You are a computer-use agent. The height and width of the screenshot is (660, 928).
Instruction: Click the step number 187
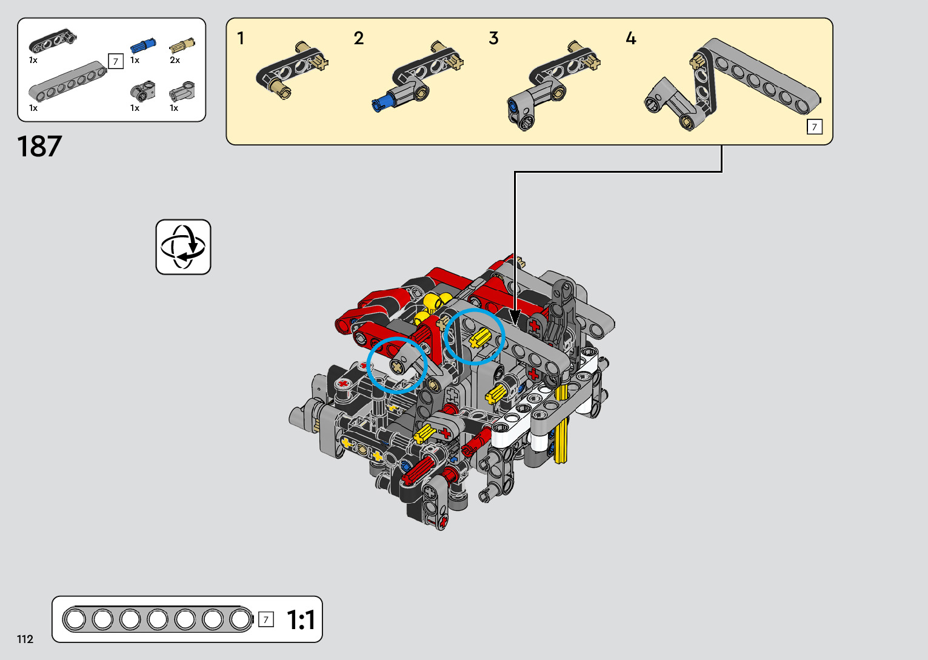(x=39, y=146)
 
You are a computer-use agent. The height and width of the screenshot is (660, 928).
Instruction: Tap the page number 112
(x=25, y=639)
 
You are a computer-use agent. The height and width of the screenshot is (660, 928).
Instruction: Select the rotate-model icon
(x=183, y=247)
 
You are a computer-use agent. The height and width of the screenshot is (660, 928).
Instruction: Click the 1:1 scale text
(x=301, y=620)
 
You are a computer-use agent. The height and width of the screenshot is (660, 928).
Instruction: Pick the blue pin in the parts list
(x=143, y=45)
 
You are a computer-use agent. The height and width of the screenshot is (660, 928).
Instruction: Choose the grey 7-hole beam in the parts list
(x=67, y=81)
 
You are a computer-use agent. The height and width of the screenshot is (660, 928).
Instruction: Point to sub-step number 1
(x=240, y=39)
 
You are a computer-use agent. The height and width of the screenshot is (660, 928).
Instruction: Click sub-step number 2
(x=359, y=39)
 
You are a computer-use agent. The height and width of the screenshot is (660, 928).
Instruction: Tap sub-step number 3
(x=493, y=38)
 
